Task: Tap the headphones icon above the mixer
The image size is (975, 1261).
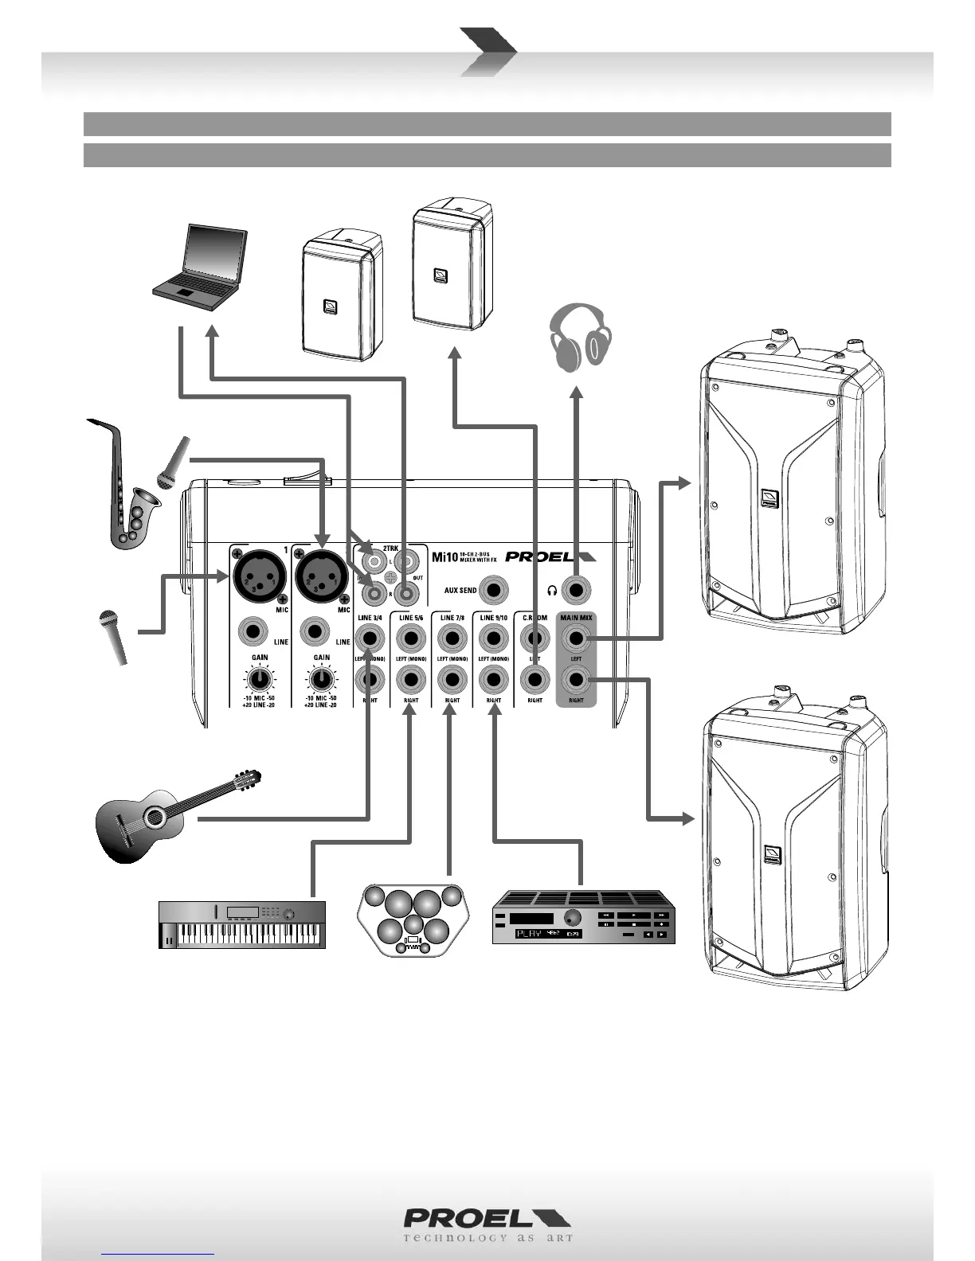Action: (581, 338)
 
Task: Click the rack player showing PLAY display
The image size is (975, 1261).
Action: (583, 917)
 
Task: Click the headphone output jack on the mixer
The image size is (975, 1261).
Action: (576, 591)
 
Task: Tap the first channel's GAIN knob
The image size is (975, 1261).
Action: (259, 680)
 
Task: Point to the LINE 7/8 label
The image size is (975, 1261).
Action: (452, 618)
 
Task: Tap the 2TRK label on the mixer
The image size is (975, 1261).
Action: (391, 548)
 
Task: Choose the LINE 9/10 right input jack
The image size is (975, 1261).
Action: (493, 679)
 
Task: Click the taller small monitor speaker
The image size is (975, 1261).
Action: (451, 264)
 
